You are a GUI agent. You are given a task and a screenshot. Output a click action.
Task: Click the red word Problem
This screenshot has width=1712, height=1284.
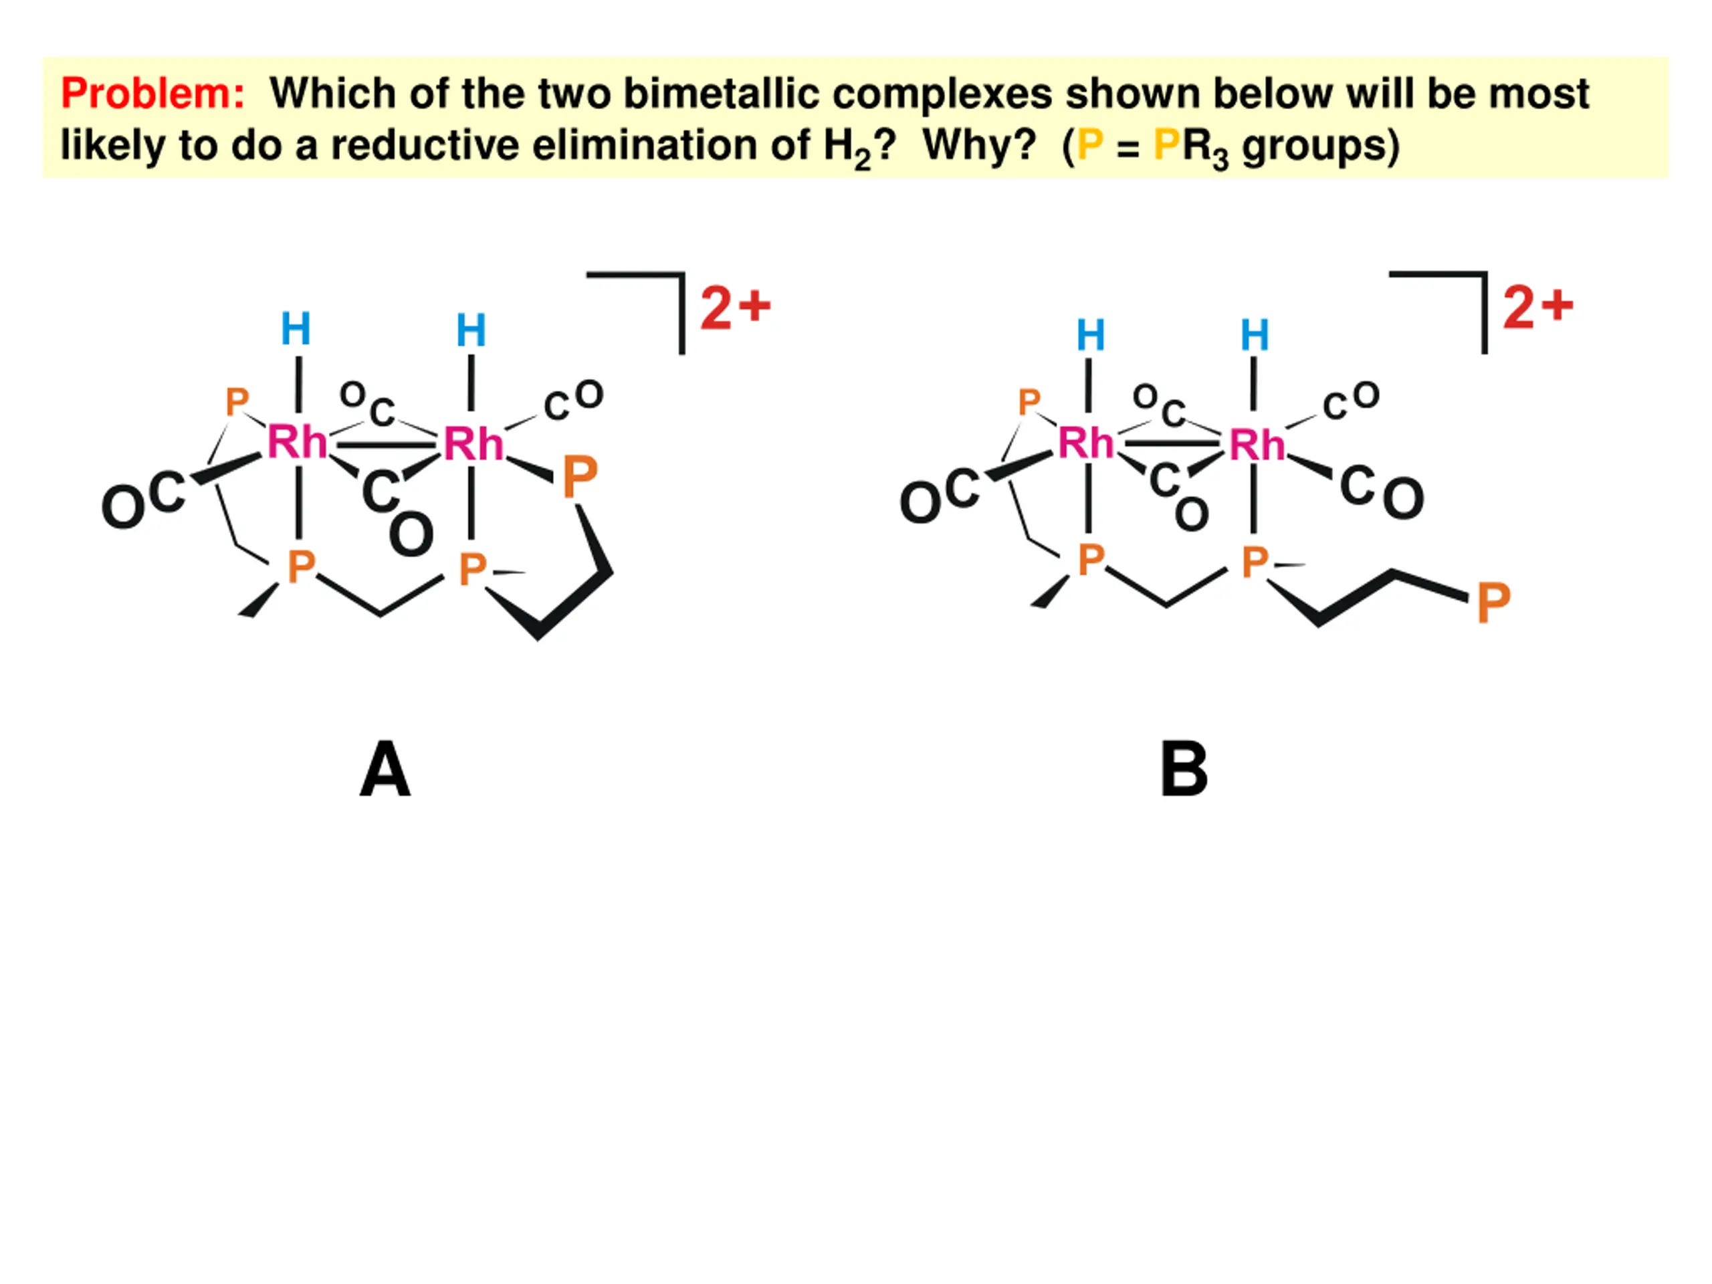click(x=152, y=94)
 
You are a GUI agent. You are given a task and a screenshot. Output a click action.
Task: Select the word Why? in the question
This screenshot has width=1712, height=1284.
click(x=979, y=144)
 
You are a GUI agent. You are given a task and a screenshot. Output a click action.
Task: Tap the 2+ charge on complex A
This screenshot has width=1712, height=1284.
click(x=735, y=307)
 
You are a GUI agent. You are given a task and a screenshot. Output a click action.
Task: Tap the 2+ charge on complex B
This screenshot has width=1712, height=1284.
click(x=1538, y=307)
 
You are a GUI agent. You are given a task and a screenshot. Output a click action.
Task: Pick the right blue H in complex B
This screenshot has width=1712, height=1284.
click(x=1255, y=335)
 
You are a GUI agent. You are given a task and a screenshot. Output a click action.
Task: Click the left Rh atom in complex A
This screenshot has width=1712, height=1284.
click(x=296, y=443)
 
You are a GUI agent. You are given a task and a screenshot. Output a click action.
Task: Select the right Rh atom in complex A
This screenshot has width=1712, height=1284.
click(x=473, y=444)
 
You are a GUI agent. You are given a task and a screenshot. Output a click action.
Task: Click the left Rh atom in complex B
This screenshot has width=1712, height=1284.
click(x=1086, y=443)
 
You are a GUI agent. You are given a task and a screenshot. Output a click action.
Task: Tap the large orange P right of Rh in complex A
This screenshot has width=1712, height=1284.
click(x=580, y=477)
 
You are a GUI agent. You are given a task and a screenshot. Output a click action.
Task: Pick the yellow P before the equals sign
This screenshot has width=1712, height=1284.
click(x=1090, y=144)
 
